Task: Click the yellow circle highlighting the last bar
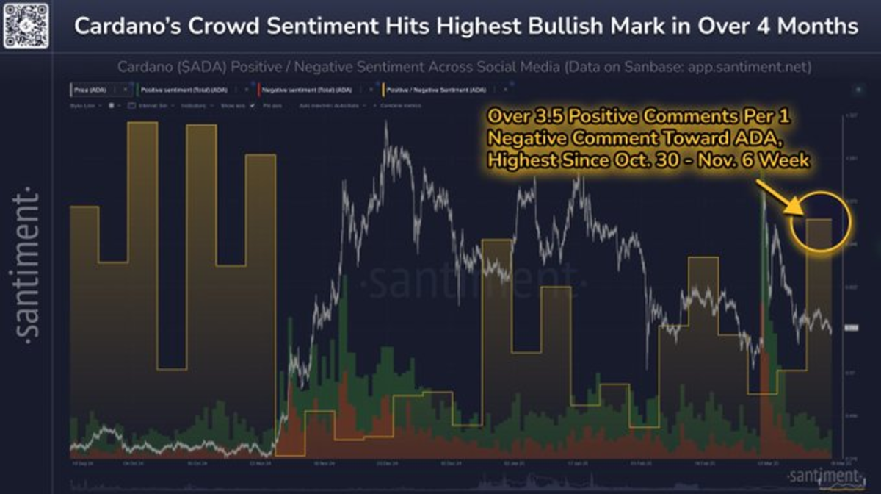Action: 819,221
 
